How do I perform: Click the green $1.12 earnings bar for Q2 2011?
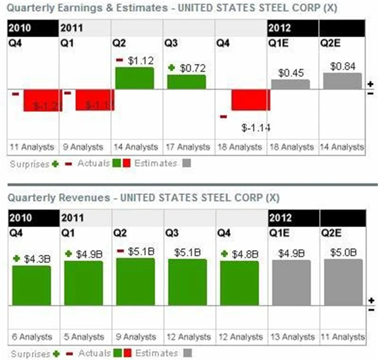click(134, 77)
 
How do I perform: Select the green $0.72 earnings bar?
click(186, 82)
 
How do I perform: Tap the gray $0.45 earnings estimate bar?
click(290, 84)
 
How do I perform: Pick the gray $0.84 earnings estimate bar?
click(342, 81)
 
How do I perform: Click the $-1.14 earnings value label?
click(256, 127)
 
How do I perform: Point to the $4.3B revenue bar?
click(31, 285)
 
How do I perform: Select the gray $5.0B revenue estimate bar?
click(342, 281)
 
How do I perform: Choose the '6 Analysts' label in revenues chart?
click(31, 337)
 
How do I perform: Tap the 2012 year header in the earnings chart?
click(279, 28)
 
